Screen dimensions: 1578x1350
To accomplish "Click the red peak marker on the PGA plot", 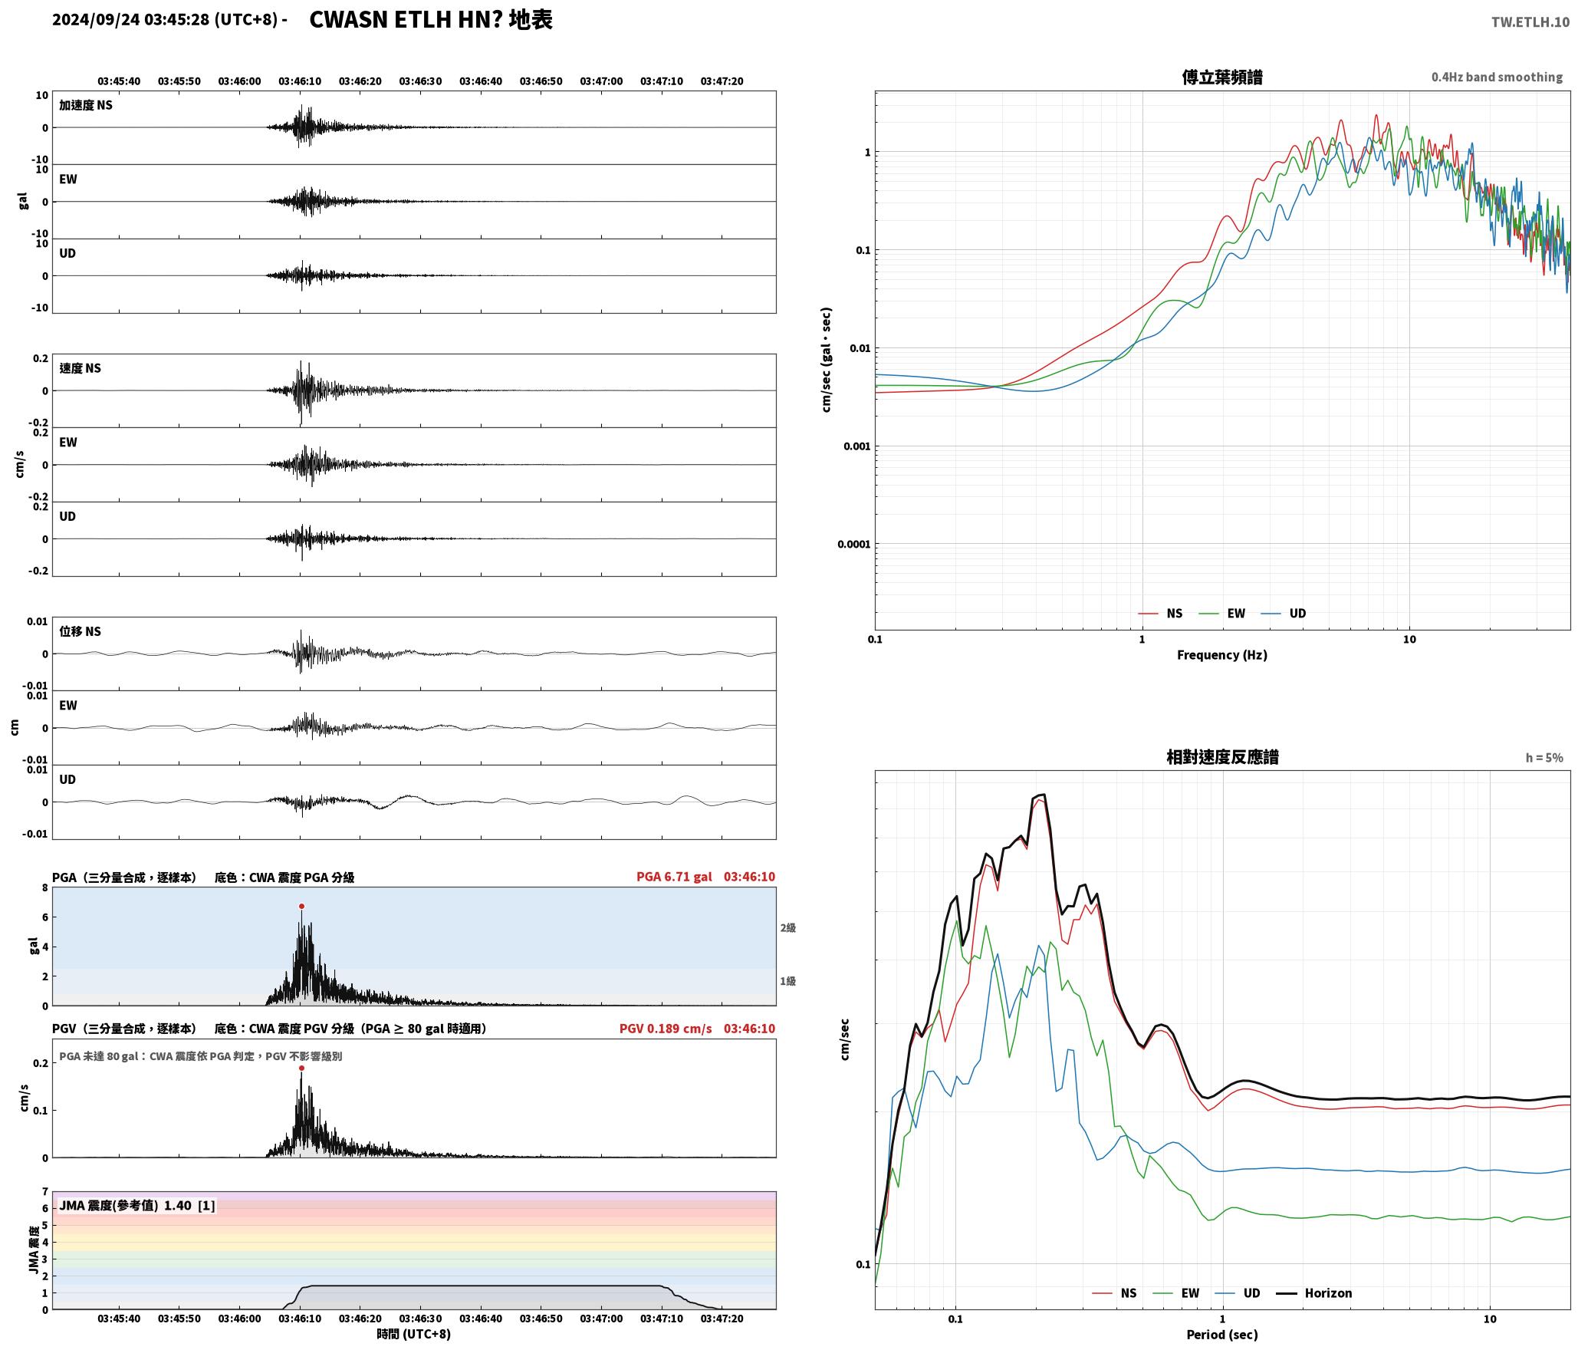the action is (x=301, y=906).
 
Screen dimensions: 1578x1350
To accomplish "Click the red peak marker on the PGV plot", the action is (x=301, y=1068).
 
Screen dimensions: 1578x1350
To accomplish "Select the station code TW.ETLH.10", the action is (x=1530, y=22).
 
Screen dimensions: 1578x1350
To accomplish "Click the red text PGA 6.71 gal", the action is (x=674, y=877).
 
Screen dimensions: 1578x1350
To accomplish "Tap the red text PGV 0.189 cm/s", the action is (x=666, y=1029).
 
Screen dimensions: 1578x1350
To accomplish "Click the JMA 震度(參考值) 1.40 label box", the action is (x=137, y=1205).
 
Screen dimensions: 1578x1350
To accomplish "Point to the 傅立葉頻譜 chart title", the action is (x=1222, y=77).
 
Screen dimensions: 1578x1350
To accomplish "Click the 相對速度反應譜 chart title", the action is (x=1222, y=757).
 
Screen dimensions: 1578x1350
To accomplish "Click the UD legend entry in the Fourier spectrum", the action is (x=1284, y=614).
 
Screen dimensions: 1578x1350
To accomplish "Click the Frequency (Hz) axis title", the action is (x=1222, y=655).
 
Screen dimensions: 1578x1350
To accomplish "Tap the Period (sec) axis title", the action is (x=1222, y=1335).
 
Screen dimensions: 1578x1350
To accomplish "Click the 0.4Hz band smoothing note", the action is (x=1497, y=77).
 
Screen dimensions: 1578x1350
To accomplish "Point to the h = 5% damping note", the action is (x=1544, y=758).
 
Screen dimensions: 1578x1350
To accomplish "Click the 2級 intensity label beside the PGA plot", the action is (x=788, y=928).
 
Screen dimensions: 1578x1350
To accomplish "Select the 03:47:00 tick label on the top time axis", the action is (x=601, y=81).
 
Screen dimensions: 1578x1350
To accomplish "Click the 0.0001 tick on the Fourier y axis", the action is (x=854, y=545).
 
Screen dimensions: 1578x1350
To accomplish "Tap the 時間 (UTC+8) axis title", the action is (x=413, y=1334).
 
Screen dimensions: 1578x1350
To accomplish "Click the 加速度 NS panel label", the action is (x=86, y=105).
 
